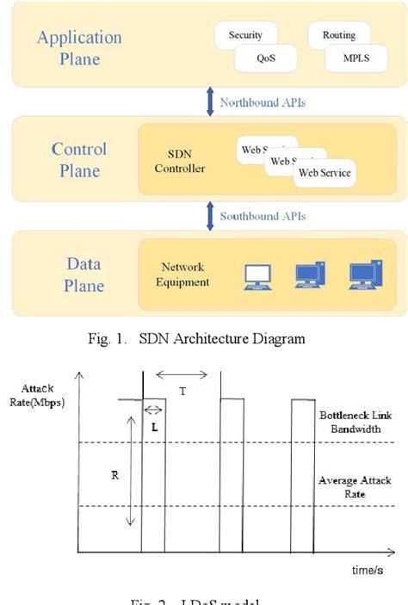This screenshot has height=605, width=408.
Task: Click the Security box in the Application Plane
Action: pos(245,35)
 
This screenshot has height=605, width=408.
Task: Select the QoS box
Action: pos(266,59)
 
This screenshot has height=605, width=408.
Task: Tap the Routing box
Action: pos(338,36)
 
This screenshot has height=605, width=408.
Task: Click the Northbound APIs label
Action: pos(263,102)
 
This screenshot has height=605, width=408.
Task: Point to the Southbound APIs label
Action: pos(263,216)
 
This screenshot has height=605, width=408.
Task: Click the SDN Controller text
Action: pos(180,161)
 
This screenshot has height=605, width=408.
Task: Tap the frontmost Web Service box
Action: pos(324,173)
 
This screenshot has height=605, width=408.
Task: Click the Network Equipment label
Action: pos(186,275)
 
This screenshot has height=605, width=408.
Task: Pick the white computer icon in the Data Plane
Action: pos(257,275)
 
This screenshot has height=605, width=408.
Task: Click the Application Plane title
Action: pos(79,48)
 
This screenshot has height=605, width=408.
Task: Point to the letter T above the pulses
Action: pos(182,390)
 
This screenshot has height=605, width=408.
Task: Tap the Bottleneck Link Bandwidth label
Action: pos(355,421)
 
